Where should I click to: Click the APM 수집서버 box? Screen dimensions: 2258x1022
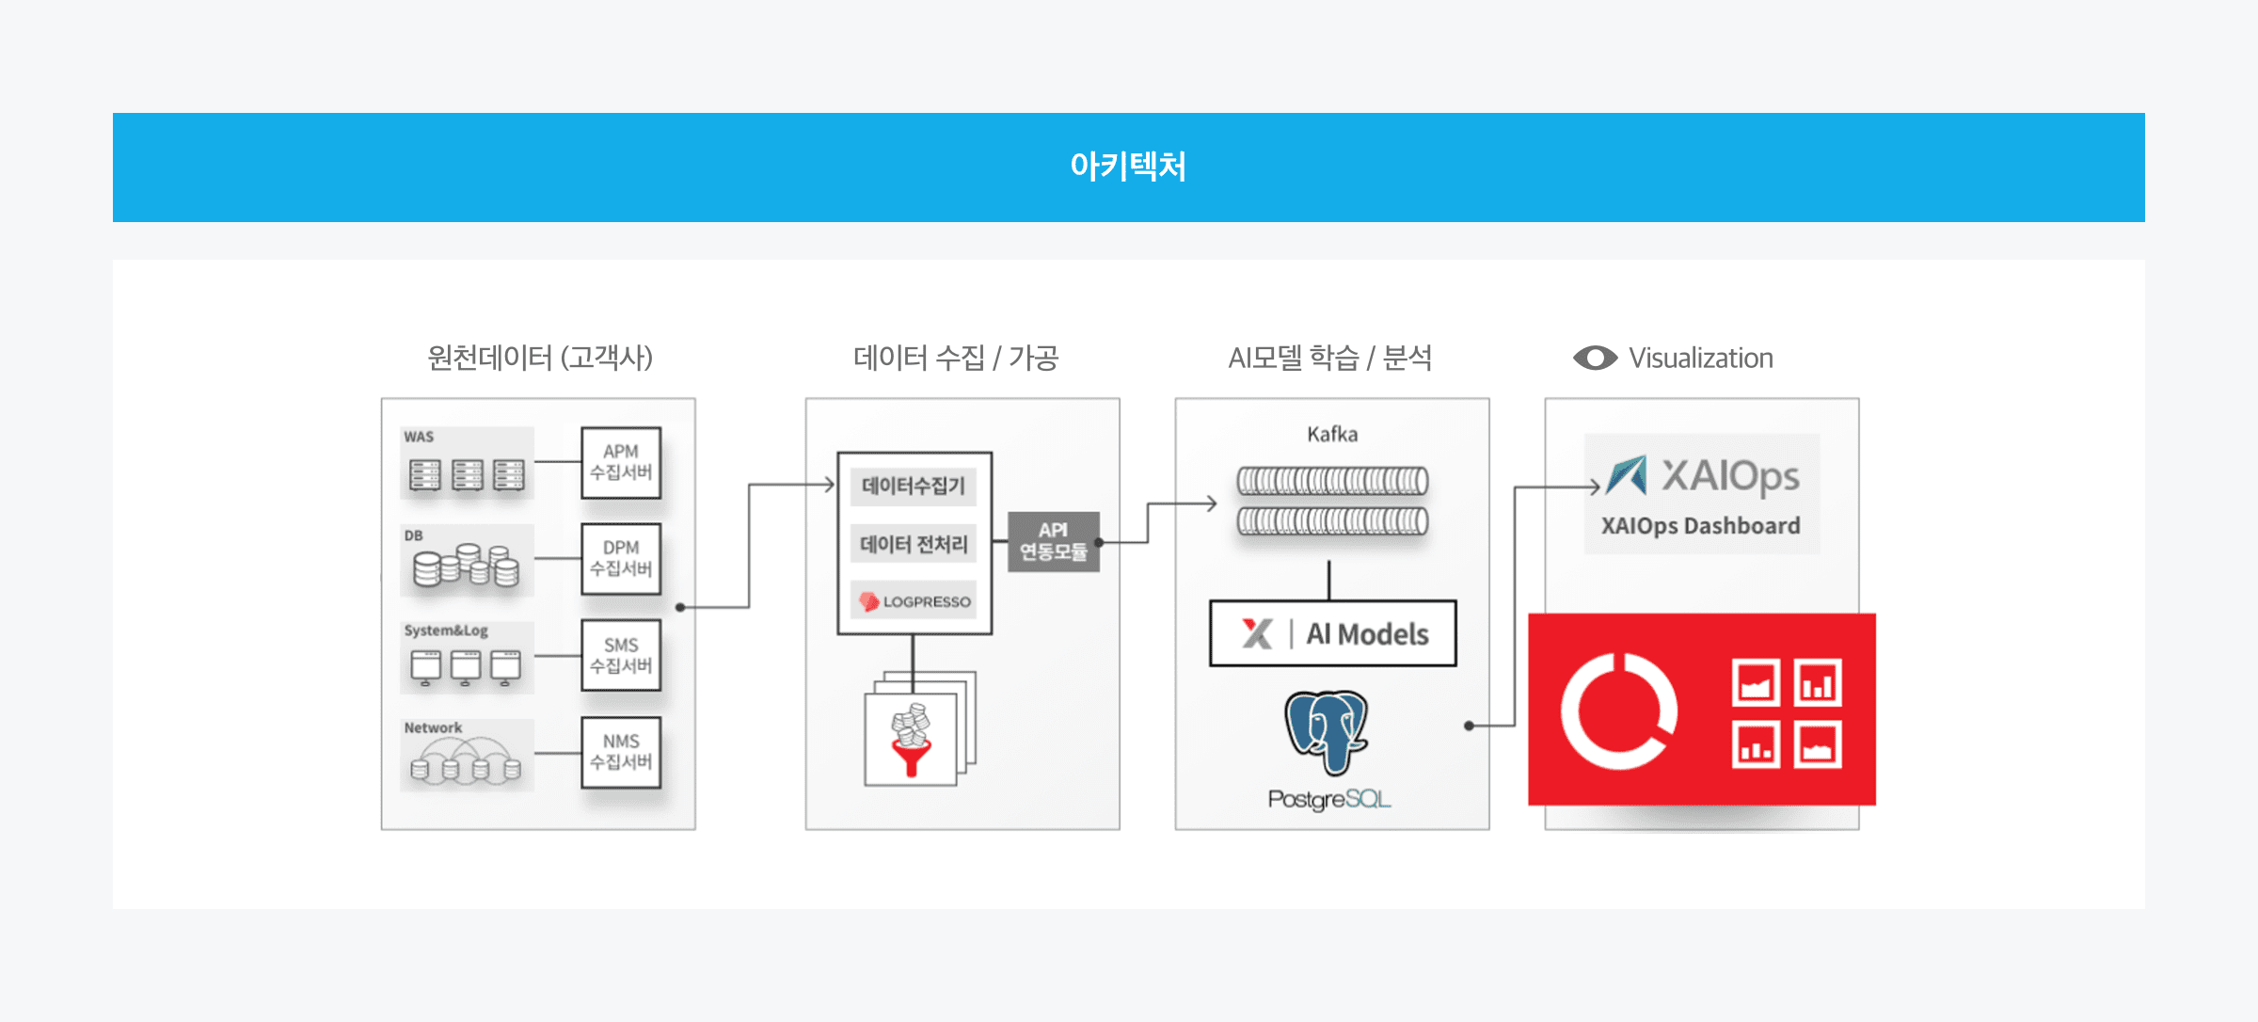pos(621,462)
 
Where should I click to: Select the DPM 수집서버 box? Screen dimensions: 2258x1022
pos(621,559)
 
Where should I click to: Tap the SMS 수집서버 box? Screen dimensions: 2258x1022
pos(621,656)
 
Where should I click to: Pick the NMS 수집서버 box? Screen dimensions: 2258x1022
pos(621,752)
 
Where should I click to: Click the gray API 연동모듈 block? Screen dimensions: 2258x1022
pos(1053,541)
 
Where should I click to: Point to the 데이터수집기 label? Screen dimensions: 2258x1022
pos(914,487)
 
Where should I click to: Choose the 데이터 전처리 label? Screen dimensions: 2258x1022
pos(914,544)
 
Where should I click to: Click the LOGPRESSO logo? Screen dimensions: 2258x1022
pos(914,601)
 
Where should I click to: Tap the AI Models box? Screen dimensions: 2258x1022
pos(1332,633)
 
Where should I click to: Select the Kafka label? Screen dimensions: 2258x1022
pos(1332,435)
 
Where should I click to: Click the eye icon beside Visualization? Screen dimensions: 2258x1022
pos(1595,358)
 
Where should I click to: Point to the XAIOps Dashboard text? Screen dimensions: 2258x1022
pos(1701,526)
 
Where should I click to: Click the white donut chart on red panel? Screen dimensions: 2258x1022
pos(1618,711)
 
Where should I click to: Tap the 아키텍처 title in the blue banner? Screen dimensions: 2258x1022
pos(1128,167)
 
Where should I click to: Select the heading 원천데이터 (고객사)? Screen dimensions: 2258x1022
pos(540,358)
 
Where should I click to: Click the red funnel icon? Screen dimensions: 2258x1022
pos(911,757)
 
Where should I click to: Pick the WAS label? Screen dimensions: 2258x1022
pos(419,438)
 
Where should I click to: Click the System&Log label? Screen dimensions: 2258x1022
pos(446,631)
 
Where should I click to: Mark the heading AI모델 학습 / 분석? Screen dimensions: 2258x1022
pos(1330,358)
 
